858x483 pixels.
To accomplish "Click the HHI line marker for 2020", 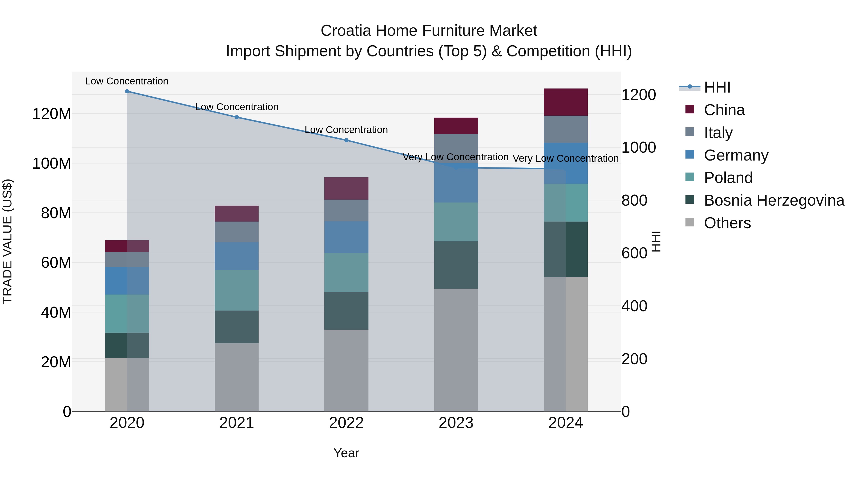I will [x=127, y=91].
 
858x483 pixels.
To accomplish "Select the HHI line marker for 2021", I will [x=236, y=117].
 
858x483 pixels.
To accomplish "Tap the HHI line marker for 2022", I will [x=346, y=140].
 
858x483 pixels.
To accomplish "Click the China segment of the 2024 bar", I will [x=566, y=102].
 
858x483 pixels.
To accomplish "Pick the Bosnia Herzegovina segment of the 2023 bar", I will [x=456, y=265].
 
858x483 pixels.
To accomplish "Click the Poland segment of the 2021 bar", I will [x=236, y=290].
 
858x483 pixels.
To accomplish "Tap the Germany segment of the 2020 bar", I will [x=127, y=281].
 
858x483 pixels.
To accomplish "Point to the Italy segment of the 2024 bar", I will [x=566, y=129].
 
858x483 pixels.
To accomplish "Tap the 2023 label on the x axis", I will [x=456, y=423].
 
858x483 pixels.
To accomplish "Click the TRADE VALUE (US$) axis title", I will [x=7, y=241].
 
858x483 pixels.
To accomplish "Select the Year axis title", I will [x=346, y=453].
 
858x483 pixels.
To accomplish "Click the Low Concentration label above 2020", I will [x=127, y=81].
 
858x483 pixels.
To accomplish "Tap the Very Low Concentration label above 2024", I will [x=565, y=158].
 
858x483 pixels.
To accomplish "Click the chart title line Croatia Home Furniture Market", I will [x=429, y=31].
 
